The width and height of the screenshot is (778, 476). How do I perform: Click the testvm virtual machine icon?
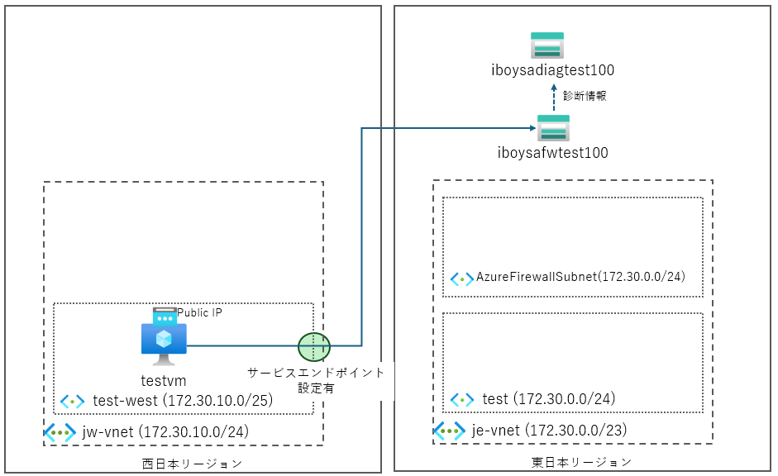coord(164,342)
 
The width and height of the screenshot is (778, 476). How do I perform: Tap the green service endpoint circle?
coord(314,346)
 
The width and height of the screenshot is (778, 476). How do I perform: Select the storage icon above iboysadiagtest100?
coord(547,45)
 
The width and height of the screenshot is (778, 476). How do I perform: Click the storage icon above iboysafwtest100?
coord(553,130)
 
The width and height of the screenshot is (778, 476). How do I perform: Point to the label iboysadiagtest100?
coord(552,70)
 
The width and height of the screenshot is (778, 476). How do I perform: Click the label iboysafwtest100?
coord(553,153)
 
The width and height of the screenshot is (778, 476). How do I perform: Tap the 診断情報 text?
coord(585,96)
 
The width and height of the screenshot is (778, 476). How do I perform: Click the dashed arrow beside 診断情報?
coord(555,97)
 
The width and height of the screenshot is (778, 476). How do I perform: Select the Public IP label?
coord(200,313)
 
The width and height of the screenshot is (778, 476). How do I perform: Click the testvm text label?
coord(164,381)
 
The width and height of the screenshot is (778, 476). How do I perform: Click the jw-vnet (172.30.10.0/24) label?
coord(165,431)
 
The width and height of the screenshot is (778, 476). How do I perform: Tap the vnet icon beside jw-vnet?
coord(60,432)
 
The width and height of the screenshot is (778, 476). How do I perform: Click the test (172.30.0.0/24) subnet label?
coord(548,399)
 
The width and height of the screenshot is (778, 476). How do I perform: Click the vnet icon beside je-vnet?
coord(450,431)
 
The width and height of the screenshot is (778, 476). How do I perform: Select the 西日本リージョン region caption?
coord(193,463)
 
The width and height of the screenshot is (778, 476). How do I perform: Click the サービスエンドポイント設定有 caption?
coord(317,380)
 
